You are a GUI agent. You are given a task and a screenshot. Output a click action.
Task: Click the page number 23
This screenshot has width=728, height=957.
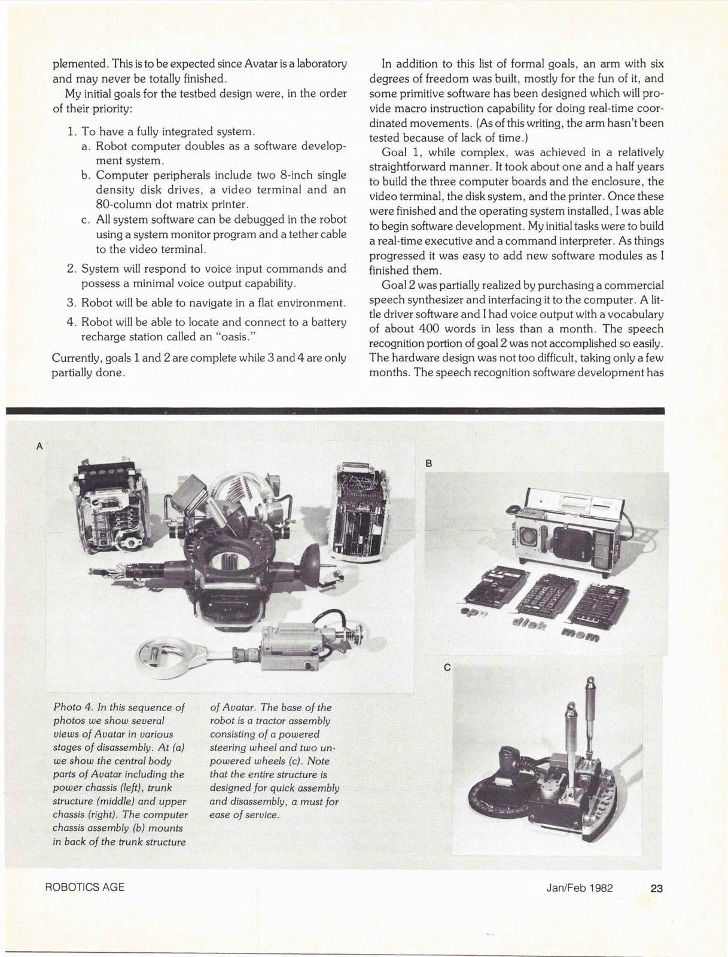tap(656, 888)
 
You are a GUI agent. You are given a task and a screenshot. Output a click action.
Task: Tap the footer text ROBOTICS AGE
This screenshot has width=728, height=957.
tap(85, 887)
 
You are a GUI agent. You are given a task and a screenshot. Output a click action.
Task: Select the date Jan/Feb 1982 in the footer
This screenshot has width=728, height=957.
tap(579, 888)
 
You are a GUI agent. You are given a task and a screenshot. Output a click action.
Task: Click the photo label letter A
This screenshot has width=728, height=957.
tap(39, 446)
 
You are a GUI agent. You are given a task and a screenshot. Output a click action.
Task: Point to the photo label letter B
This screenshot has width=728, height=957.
tap(428, 463)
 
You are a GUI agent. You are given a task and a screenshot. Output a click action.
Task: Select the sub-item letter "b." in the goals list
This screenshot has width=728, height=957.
tap(86, 175)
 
